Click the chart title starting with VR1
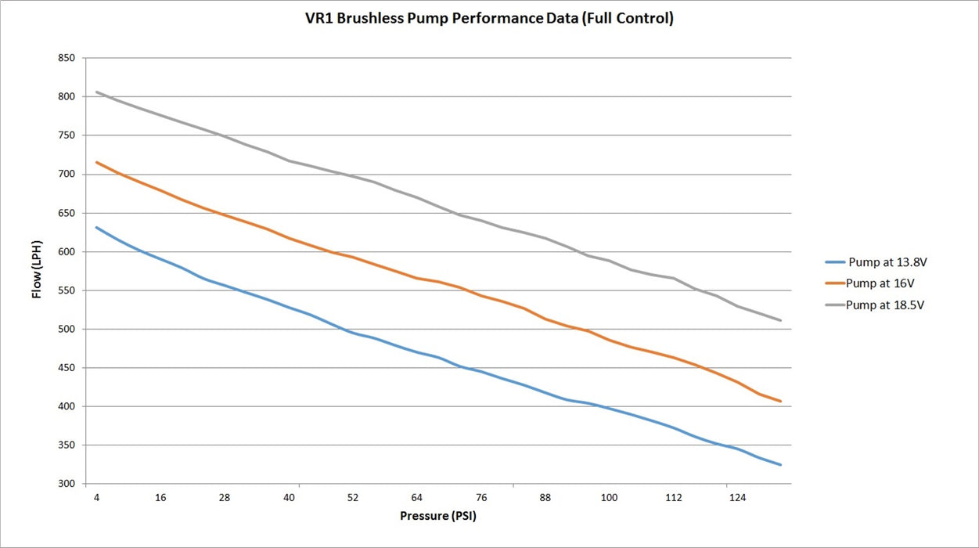[489, 18]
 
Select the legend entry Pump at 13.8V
[876, 262]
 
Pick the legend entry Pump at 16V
[869, 283]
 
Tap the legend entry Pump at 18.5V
[875, 305]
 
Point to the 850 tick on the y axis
[67, 58]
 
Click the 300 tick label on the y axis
[67, 484]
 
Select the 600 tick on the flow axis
[67, 252]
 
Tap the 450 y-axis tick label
[67, 368]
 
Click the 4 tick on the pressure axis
[96, 498]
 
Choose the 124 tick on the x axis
[737, 498]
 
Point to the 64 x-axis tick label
[417, 498]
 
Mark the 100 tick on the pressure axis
[610, 498]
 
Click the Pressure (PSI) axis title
[438, 516]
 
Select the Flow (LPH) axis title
[37, 270]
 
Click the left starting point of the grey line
[96, 92]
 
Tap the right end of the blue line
[780, 464]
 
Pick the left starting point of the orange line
[96, 162]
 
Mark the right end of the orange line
[780, 401]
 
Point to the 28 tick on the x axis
[225, 498]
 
